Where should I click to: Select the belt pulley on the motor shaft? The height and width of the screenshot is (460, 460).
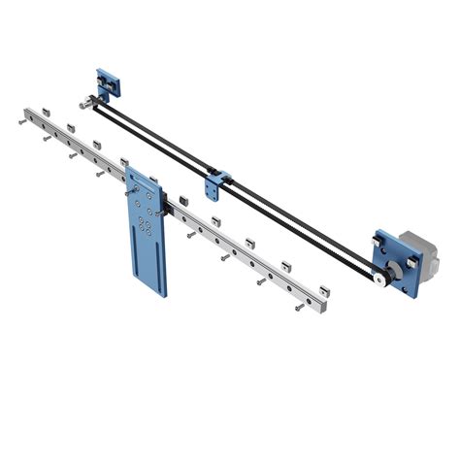click(x=378, y=277)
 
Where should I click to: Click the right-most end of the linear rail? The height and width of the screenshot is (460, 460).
click(x=323, y=310)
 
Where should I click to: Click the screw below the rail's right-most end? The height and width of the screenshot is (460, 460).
click(x=297, y=310)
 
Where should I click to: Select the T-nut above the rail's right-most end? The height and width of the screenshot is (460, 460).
click(x=323, y=288)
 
